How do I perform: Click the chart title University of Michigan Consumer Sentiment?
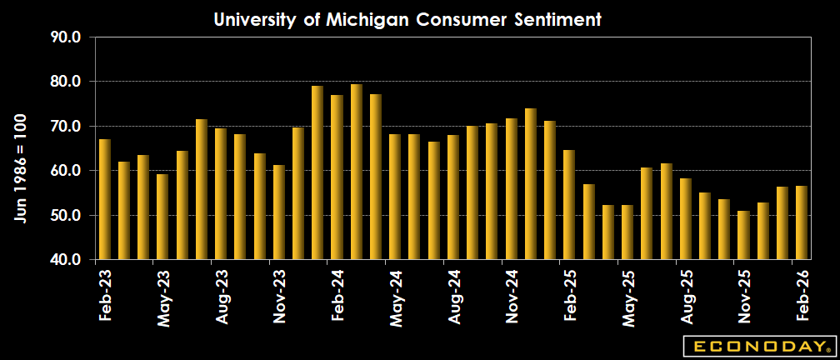point(407,19)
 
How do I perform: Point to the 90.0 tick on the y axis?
point(65,37)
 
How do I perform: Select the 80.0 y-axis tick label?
point(65,82)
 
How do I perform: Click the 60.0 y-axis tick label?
point(65,171)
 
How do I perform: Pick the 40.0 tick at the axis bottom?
point(65,260)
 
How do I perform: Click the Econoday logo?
point(757,345)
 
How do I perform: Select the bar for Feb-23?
point(105,199)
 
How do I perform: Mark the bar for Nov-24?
point(511,189)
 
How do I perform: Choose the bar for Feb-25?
point(569,205)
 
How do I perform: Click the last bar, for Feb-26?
point(802,222)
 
